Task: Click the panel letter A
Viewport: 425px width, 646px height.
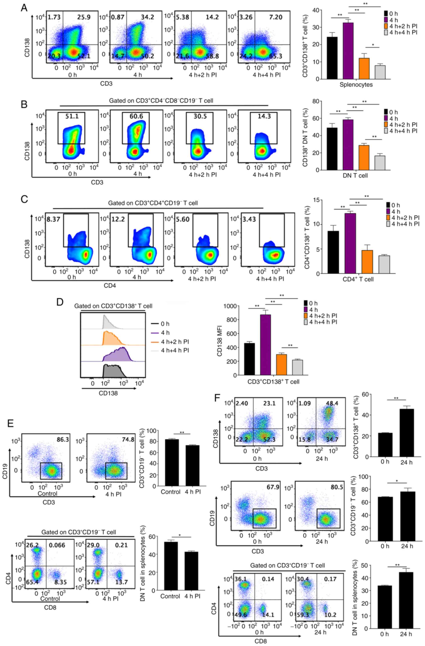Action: coord(24,8)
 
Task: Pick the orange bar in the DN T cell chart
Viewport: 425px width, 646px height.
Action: coord(364,158)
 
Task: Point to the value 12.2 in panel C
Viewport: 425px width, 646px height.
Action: coord(118,218)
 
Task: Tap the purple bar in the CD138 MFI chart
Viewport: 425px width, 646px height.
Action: coord(266,345)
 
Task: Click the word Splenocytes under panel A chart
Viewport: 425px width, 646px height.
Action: coord(356,84)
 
